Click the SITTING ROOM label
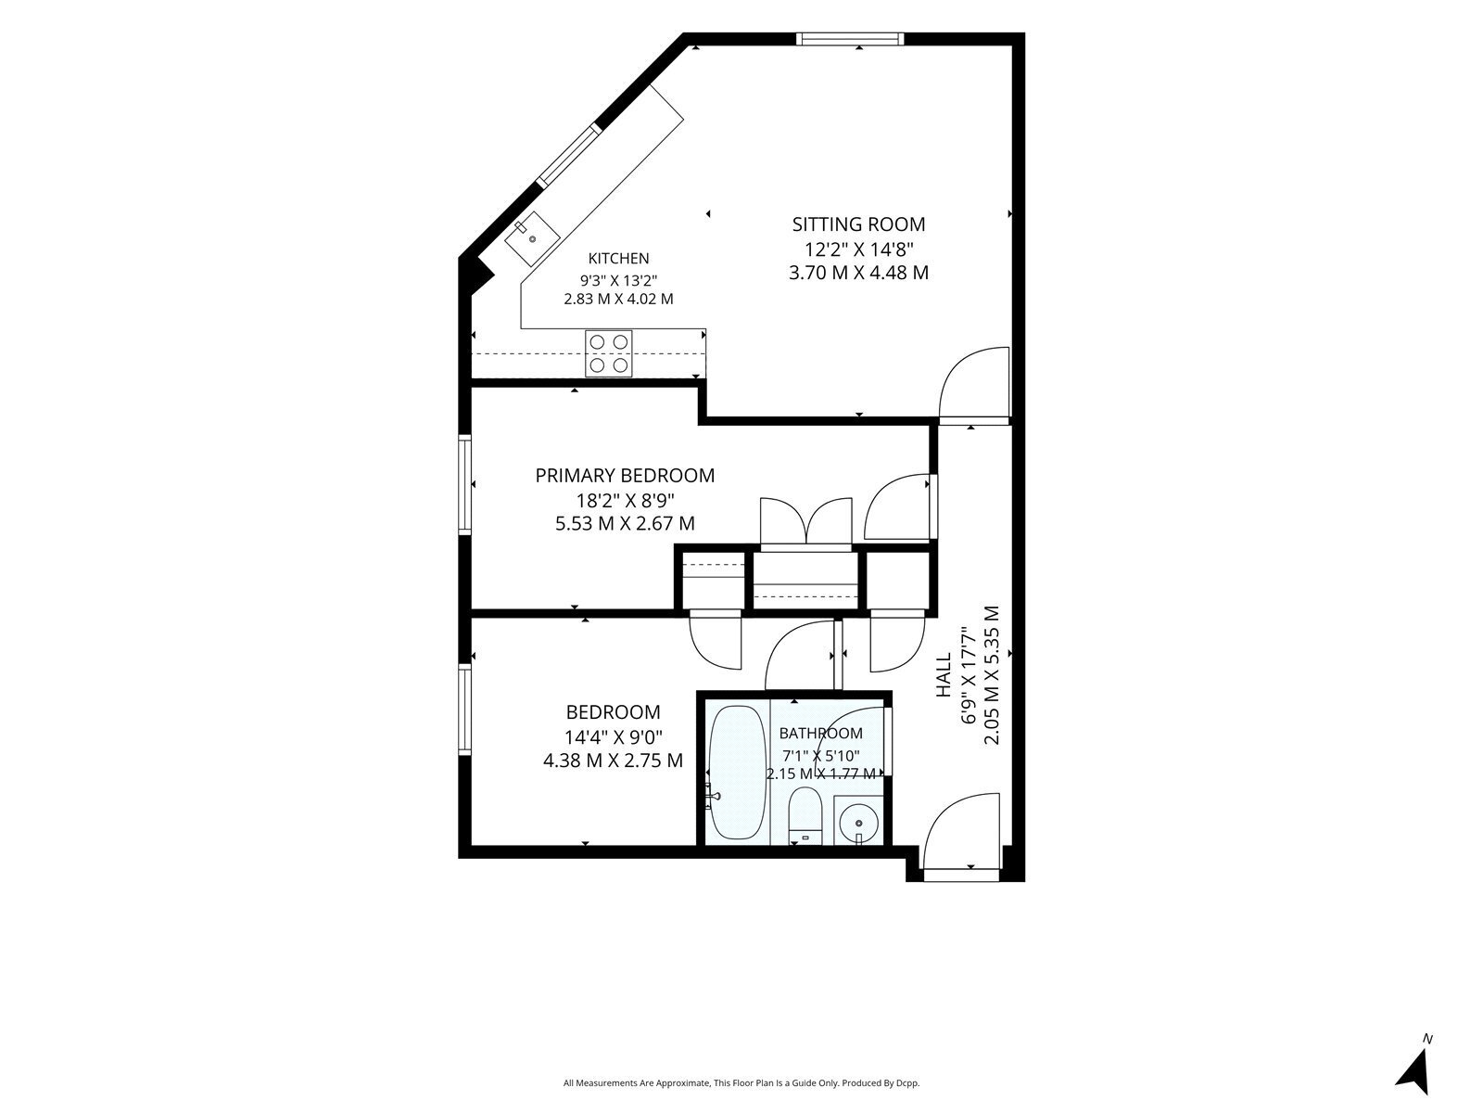pos(858,224)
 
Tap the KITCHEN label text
pos(618,258)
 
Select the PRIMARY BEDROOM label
pos(625,476)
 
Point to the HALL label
pos(944,674)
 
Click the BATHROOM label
pos(821,734)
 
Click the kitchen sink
pos(532,238)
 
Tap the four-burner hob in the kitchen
pos(609,353)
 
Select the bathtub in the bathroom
pos(737,773)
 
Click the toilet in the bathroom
pos(805,815)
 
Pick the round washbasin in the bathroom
pos(858,823)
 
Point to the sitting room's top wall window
pos(850,39)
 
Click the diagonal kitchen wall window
pos(569,155)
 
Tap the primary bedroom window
pos(465,484)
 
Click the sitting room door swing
pos(973,383)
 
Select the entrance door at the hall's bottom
pos(961,838)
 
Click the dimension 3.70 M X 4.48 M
pos(858,273)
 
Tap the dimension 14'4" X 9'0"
pos(614,736)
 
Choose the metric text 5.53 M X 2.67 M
pos(625,524)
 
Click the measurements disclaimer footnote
pos(741,1083)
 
